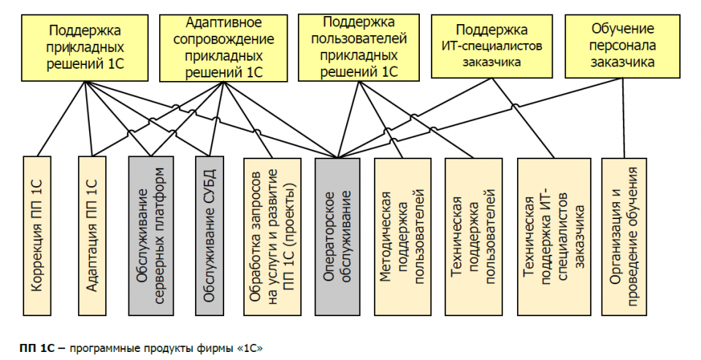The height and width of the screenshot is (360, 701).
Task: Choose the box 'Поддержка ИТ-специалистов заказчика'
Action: click(491, 45)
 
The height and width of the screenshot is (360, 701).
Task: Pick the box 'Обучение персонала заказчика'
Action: click(623, 45)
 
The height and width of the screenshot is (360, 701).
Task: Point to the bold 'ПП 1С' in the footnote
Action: click(36, 346)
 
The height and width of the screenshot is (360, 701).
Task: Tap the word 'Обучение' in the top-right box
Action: click(622, 30)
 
